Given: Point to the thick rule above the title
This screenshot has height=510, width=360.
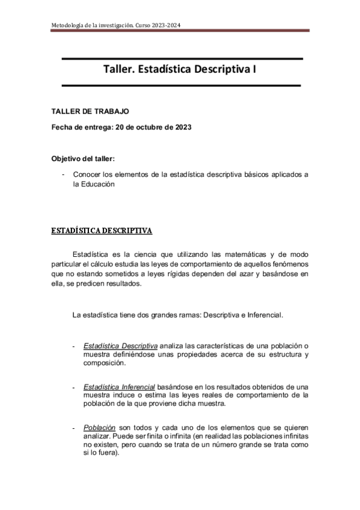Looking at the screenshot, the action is click(181, 58).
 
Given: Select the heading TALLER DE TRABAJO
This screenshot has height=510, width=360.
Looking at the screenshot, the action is click(90, 112).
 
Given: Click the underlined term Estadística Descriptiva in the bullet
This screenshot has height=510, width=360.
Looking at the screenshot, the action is click(121, 346).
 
